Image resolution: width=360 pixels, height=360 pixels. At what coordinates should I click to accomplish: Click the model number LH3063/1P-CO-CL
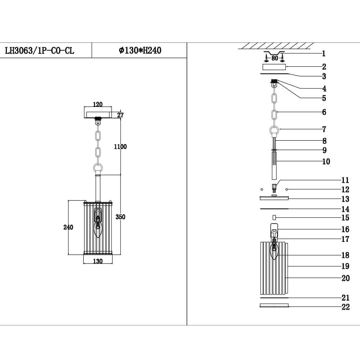pos(39,51)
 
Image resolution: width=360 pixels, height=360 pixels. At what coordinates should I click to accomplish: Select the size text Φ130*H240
pos(140,51)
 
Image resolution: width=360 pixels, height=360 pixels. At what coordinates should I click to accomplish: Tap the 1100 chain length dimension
pos(120,147)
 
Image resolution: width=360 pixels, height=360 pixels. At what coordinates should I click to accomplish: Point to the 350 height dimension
pos(120,217)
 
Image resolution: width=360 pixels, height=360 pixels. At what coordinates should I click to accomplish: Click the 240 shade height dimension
pos(68,227)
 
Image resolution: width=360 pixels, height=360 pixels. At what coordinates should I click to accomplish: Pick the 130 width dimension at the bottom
pos(98,261)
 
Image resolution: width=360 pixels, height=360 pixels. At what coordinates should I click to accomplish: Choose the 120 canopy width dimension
pos(98,104)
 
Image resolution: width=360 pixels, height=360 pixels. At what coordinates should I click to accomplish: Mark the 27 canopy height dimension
pos(120,115)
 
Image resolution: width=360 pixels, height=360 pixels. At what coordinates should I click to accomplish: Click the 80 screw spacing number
pos(274,58)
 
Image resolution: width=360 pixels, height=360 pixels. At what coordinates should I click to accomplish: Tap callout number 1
pos(324,54)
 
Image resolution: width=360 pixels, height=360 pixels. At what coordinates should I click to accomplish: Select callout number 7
pos(324,129)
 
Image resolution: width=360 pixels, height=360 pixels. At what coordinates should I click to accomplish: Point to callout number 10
pos(326,162)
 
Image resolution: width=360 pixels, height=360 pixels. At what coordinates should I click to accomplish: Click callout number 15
pos(345,218)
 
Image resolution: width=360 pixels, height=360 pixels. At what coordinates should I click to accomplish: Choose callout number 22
pos(345,307)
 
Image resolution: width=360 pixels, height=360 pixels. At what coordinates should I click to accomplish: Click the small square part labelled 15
pos(274,217)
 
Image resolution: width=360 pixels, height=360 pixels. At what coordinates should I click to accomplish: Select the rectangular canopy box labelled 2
pos(274,67)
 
